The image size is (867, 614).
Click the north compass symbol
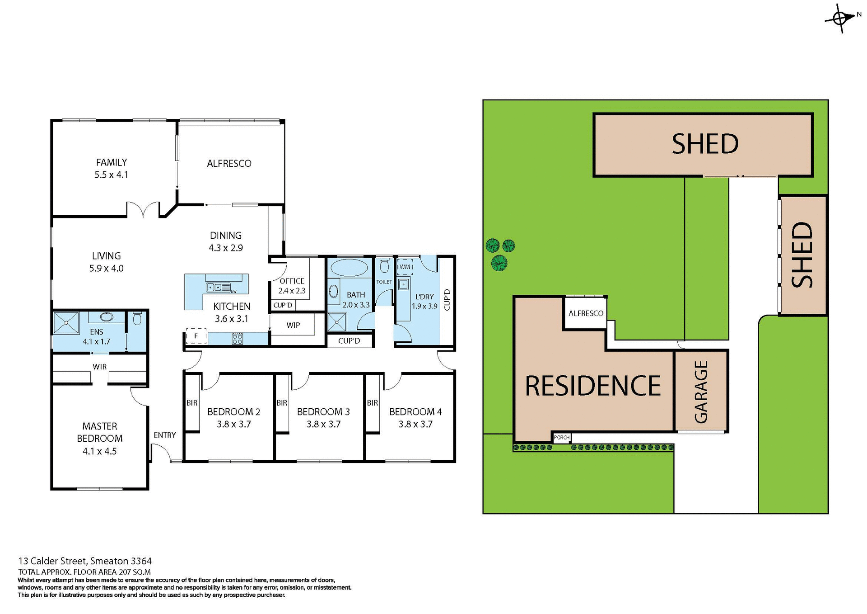click(x=840, y=19)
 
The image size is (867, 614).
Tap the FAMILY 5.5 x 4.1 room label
click(x=111, y=168)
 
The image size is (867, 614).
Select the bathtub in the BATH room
click(x=349, y=268)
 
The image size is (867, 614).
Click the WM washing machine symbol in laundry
click(x=405, y=267)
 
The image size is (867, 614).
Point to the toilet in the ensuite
click(x=137, y=319)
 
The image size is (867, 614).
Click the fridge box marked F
click(x=196, y=336)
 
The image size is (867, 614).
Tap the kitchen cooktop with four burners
click(x=238, y=338)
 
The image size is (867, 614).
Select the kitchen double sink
click(x=214, y=287)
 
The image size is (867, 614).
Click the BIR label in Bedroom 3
click(x=282, y=403)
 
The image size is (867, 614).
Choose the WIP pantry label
click(x=293, y=325)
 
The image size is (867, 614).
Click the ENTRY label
click(x=164, y=435)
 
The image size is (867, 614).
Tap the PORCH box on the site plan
click(x=562, y=437)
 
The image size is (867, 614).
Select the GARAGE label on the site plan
click(x=701, y=392)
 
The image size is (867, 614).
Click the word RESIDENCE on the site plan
click(x=593, y=386)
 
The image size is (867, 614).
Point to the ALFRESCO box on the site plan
click(x=585, y=313)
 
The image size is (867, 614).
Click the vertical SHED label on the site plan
click(x=802, y=255)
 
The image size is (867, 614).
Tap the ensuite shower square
click(x=66, y=323)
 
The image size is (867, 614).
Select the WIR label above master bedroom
click(x=99, y=367)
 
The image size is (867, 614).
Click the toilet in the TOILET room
click(x=384, y=266)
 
